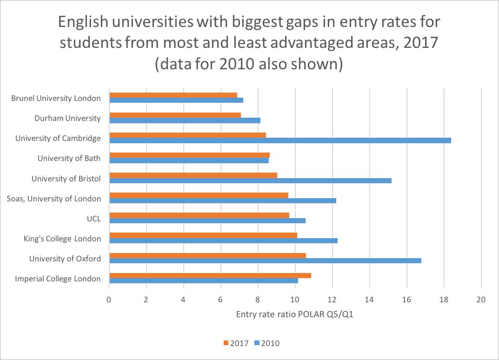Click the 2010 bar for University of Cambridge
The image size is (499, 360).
coord(280,140)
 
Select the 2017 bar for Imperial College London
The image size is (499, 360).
coord(210,276)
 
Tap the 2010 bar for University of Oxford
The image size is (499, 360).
coord(266,260)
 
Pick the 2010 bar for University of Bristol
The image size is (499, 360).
coord(251,180)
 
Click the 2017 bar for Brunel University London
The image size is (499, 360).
coord(173,95)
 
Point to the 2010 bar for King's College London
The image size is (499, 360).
coord(223,240)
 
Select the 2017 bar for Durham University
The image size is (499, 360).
coord(175,115)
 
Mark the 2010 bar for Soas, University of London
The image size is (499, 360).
coord(223,200)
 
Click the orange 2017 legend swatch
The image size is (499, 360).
coord(226,343)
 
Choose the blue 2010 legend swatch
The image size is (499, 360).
coord(257,343)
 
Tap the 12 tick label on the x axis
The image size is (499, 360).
coord(332,300)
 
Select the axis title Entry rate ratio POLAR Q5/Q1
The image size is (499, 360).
coord(295,314)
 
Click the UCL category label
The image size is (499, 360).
coord(93,219)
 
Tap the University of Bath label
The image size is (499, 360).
coord(69,158)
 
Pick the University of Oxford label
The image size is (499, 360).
coord(65,259)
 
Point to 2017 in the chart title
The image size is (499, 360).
coord(421,43)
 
